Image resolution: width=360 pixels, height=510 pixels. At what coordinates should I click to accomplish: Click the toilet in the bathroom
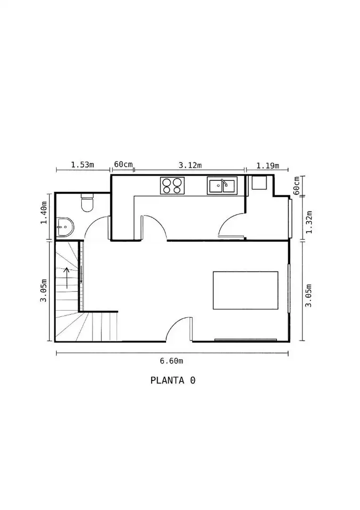87,202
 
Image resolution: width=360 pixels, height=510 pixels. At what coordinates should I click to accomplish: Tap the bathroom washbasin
65,226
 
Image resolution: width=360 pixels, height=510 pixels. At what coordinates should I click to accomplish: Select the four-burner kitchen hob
172,186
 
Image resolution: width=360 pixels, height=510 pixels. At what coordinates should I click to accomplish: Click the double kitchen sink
222,186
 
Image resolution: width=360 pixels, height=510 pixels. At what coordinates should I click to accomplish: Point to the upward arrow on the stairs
67,278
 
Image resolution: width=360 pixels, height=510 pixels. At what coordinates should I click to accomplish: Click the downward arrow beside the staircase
81,275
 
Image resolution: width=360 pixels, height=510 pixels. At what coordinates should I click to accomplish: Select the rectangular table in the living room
245,290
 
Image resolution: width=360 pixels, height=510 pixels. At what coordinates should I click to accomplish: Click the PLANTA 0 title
173,380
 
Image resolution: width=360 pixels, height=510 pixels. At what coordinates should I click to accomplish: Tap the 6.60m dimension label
171,361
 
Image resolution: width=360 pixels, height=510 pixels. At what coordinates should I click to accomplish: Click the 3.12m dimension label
190,165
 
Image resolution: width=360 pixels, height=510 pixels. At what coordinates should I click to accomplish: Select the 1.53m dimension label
83,165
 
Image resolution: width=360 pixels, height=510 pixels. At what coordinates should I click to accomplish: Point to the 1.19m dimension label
268,166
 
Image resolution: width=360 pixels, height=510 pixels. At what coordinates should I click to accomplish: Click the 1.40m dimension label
43,212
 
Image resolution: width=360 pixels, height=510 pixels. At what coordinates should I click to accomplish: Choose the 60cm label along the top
124,164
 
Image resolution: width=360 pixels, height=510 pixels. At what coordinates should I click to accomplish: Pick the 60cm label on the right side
296,186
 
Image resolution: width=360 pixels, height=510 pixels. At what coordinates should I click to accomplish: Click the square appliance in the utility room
260,182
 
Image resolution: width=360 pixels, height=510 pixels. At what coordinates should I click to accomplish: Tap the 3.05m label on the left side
43,290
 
